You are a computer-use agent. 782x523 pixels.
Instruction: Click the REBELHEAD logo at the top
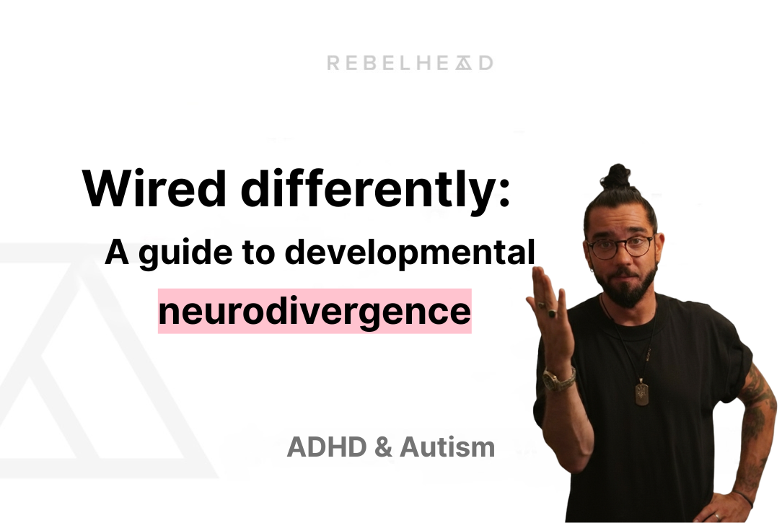[x=410, y=63]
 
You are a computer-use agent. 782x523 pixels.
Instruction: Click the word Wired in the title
[x=154, y=190]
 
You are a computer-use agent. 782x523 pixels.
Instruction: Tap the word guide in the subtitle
[x=185, y=254]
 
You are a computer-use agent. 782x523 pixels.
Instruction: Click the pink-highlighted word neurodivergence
[x=315, y=312]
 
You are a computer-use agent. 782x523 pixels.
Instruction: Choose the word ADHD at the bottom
[x=328, y=447]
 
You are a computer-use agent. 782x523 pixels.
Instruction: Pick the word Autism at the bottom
[x=447, y=447]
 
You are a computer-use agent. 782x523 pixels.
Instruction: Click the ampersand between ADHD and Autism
[x=383, y=447]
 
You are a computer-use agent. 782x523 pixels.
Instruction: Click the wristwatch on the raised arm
[x=558, y=379]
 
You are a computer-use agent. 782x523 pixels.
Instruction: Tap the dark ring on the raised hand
[x=553, y=314]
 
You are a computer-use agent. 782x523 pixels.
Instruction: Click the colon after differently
[x=504, y=194]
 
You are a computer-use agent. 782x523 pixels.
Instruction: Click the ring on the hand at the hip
[x=716, y=516]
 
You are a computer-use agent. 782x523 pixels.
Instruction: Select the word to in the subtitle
[x=258, y=252]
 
